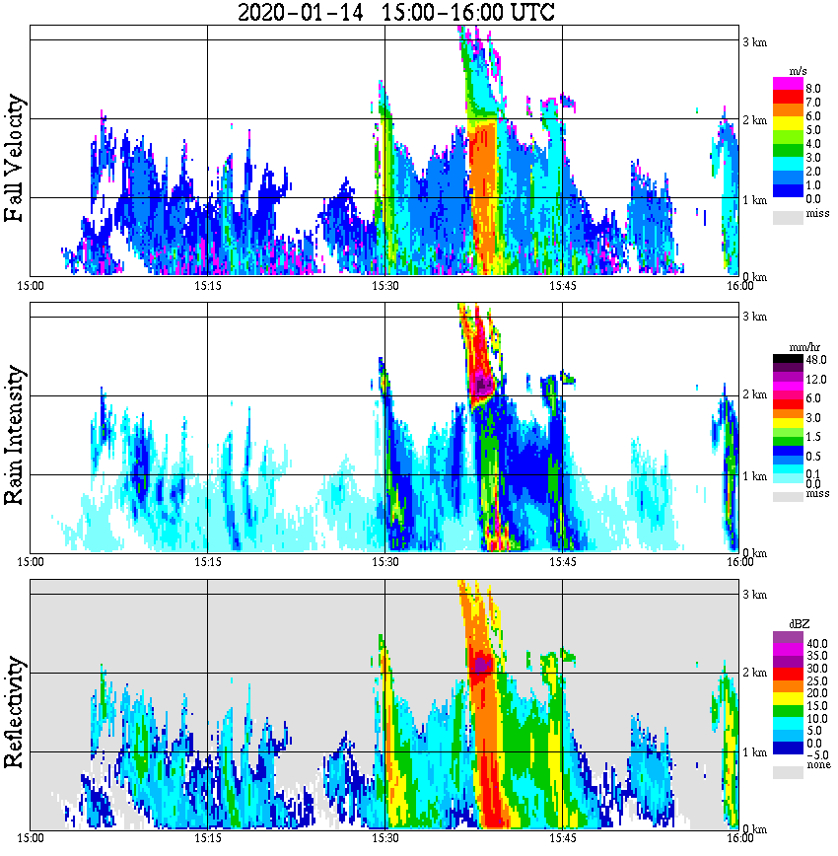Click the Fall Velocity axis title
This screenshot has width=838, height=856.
pyautogui.click(x=14, y=160)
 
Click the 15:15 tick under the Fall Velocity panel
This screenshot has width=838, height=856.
pyautogui.click(x=207, y=286)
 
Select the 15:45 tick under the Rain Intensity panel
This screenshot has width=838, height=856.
pyautogui.click(x=562, y=562)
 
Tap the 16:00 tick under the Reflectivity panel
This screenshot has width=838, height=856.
pyautogui.click(x=740, y=838)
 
